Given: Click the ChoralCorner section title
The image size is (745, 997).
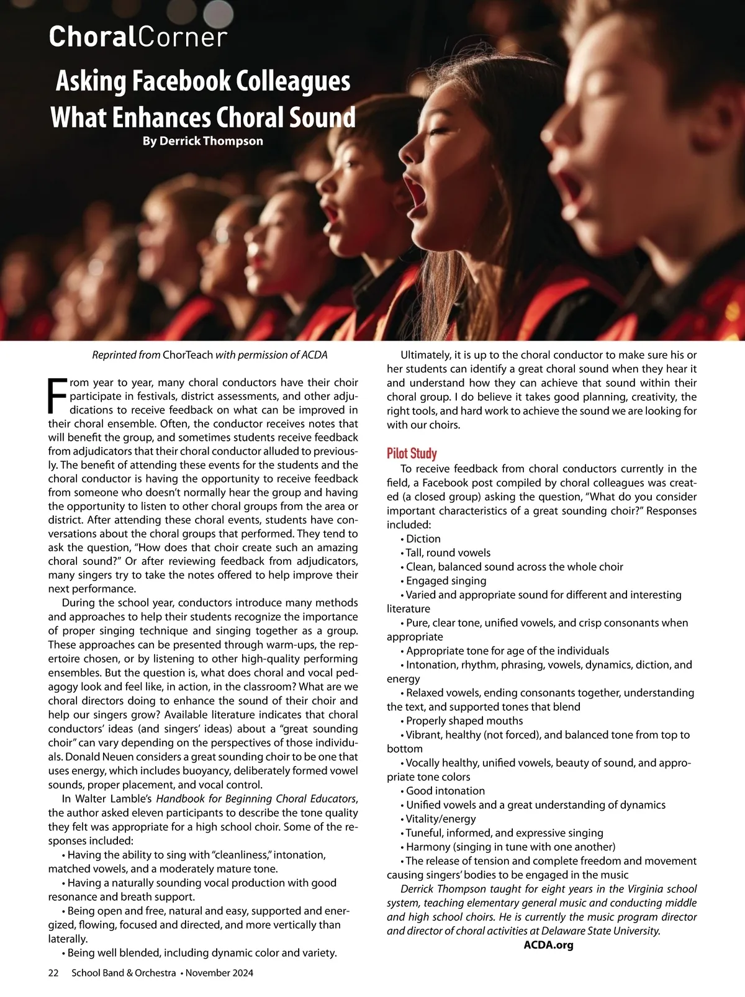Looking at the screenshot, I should (x=138, y=37).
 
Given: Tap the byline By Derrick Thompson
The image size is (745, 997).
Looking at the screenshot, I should (x=202, y=141).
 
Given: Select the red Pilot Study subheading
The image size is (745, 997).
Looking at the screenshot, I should (x=412, y=453).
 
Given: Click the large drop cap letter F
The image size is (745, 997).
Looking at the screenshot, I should (x=56, y=395).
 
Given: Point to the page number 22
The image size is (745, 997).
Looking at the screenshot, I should (x=53, y=973).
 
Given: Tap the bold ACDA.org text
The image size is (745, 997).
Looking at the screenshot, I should (x=548, y=945).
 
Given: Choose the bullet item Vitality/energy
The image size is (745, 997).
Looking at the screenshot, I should (x=441, y=819).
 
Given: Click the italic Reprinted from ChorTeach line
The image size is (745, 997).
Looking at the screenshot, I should (x=209, y=355).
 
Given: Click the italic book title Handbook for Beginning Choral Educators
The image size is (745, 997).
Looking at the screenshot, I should (x=256, y=799).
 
